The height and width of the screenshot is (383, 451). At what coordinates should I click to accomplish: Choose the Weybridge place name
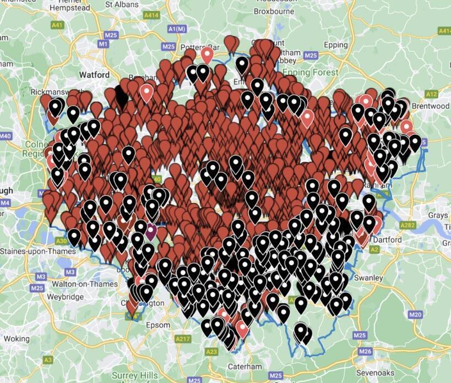(65, 297)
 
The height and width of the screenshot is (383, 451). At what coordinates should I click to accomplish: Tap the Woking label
(17, 338)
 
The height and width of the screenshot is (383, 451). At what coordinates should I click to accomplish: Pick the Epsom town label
(159, 325)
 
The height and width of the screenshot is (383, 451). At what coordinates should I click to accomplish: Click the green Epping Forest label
(311, 73)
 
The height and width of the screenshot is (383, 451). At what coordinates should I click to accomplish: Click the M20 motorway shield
(416, 314)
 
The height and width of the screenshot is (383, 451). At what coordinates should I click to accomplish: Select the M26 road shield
(365, 351)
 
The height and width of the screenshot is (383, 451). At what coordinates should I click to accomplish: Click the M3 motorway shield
(70, 272)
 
